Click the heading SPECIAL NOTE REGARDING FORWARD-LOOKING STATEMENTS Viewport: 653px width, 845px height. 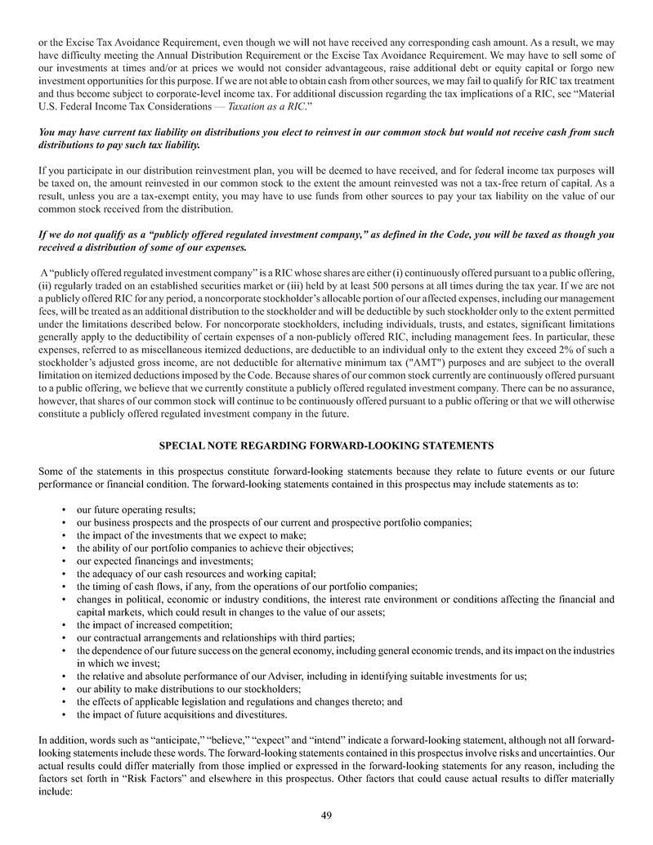pos(326,445)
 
